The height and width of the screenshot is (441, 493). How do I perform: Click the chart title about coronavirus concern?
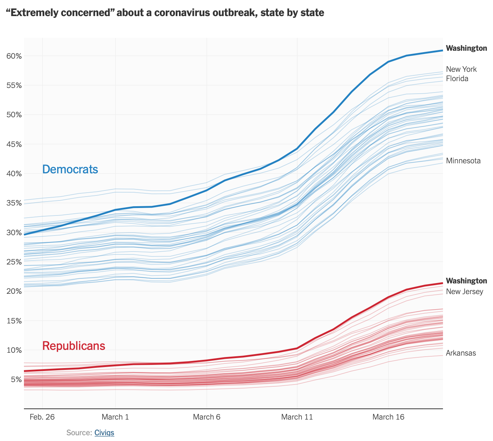pos(165,13)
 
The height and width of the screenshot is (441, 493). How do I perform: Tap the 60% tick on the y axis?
pos(14,56)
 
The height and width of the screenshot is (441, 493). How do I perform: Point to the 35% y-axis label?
pos(14,203)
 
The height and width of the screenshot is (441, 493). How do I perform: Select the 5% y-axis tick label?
pos(16,379)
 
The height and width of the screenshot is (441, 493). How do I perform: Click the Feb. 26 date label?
pos(42,417)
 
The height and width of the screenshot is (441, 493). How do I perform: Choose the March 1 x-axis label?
pos(115,417)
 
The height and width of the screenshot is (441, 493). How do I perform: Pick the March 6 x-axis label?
pos(206,417)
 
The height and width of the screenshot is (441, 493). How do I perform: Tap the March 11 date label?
pos(297,417)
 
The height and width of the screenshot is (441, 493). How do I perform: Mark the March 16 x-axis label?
pos(388,417)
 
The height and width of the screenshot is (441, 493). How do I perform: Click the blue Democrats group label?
pos(70,169)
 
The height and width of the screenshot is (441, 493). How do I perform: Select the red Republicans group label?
pos(74,346)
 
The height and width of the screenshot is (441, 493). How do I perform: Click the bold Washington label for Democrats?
pos(466,48)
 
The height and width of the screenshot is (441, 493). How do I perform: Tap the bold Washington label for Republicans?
pos(466,281)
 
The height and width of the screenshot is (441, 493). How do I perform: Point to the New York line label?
pos(461,69)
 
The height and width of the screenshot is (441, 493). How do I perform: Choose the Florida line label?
pos(457,79)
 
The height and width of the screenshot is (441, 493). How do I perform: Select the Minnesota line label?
pos(463,161)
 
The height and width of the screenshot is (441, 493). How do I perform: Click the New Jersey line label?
pos(464,292)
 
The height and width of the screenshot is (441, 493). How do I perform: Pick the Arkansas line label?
pos(461,353)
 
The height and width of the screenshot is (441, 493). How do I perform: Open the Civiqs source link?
pos(104,433)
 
